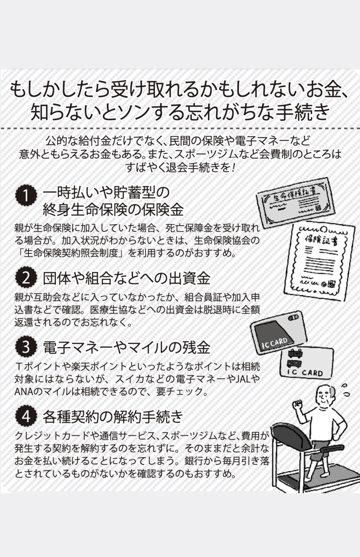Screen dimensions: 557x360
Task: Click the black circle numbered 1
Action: point(26,196)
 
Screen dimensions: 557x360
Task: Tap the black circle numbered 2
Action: point(26,278)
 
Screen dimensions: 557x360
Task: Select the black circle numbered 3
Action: point(26,347)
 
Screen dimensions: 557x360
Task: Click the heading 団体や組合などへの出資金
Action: point(127,278)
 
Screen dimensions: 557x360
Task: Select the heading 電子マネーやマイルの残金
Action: point(127,347)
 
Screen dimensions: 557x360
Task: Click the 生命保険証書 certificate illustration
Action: point(296,203)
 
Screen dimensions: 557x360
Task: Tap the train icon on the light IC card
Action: point(295,357)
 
